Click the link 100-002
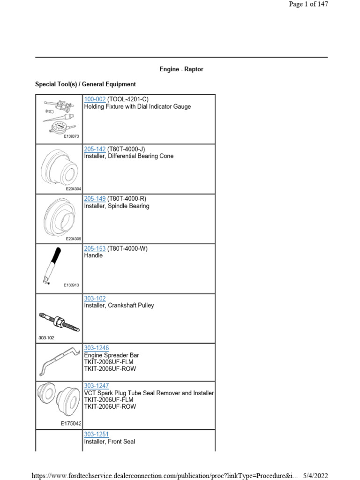(x=95, y=99)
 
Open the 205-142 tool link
(x=95, y=149)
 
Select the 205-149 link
(x=95, y=199)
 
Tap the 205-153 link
(x=95, y=248)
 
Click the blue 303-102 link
(x=95, y=298)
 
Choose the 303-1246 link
(x=96, y=348)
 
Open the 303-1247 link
(x=96, y=386)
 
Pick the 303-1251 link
(x=96, y=435)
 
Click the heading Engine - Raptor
(x=181, y=69)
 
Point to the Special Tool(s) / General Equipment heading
(x=86, y=84)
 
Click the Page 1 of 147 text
(x=308, y=4)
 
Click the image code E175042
(x=71, y=423)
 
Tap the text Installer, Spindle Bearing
(x=117, y=206)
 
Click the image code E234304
(x=74, y=189)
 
